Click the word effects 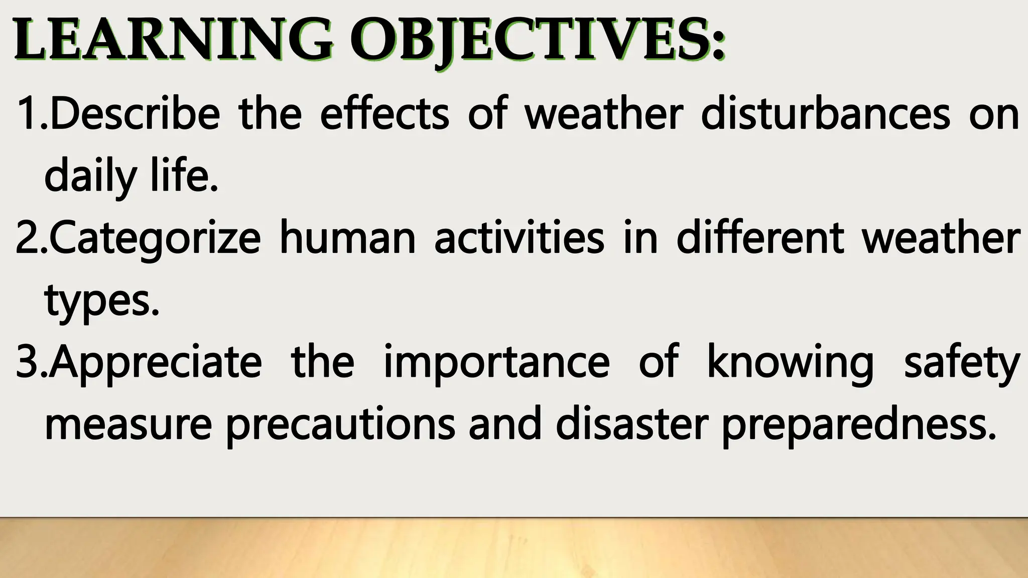point(384,114)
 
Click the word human point(347,238)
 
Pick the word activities point(519,238)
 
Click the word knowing point(790,362)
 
